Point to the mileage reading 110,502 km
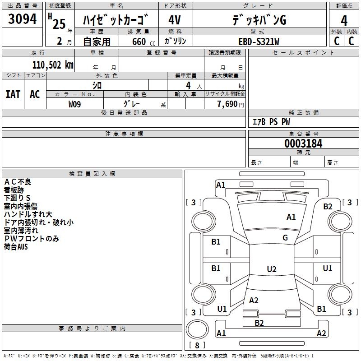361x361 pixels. point(53,65)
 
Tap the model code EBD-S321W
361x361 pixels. point(259,42)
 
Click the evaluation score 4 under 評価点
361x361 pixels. point(344,20)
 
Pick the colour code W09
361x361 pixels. point(75,104)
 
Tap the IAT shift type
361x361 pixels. point(13,94)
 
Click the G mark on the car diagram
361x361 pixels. point(285,238)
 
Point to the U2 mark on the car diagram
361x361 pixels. point(271,269)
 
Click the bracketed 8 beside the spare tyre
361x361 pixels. point(197,346)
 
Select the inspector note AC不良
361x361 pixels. point(18,182)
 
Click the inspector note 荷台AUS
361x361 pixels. point(16,247)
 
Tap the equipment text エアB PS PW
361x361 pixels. point(271,122)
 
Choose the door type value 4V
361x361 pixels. point(175,20)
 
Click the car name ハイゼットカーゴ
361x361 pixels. point(116,20)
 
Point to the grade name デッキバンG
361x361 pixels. point(259,20)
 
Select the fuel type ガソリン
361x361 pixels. point(175,42)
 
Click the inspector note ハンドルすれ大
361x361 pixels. point(28,214)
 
